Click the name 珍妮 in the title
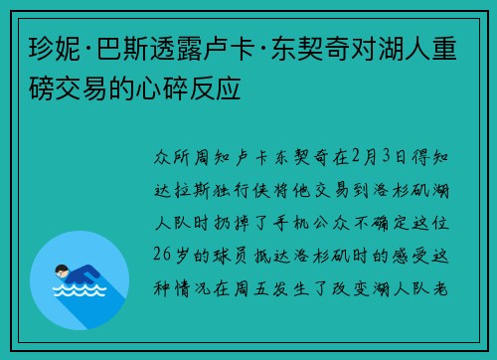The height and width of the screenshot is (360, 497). point(55,49)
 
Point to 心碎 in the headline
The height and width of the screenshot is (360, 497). point(162,89)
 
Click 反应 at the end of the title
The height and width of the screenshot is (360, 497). point(215,89)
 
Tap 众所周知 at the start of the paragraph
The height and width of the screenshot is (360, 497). point(192,157)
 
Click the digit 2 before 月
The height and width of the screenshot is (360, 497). point(356,156)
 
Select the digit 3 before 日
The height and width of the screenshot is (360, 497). point(387,156)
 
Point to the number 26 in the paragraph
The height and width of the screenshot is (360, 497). point(162,256)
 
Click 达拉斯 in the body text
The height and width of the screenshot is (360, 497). point(182,191)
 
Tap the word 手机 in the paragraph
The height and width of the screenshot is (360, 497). point(291,223)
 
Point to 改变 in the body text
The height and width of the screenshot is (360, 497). point(351,288)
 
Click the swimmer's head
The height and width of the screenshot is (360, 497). point(62,270)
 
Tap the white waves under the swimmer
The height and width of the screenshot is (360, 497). point(80,290)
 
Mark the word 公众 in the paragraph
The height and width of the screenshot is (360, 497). point(331,223)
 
